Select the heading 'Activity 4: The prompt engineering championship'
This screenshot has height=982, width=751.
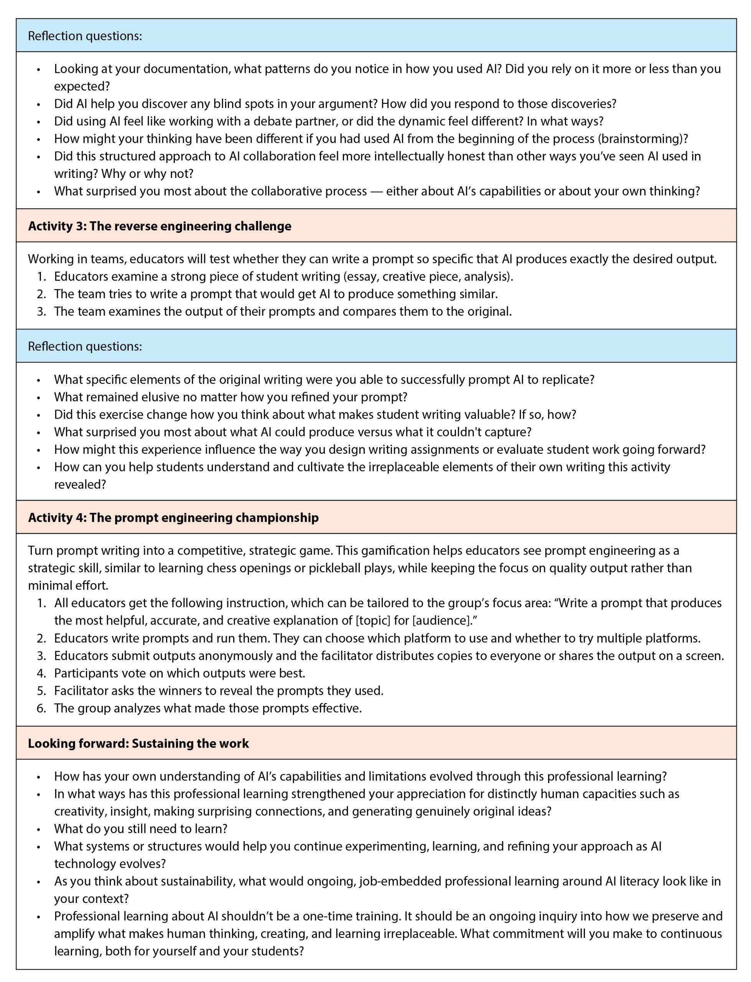(173, 517)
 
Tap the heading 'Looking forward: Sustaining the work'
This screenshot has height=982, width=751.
(138, 743)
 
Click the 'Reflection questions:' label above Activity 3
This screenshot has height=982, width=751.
(85, 36)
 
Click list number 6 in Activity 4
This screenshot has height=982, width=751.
(41, 708)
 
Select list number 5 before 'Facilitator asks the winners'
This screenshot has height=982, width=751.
(41, 690)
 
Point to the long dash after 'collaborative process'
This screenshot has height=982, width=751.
(376, 191)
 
